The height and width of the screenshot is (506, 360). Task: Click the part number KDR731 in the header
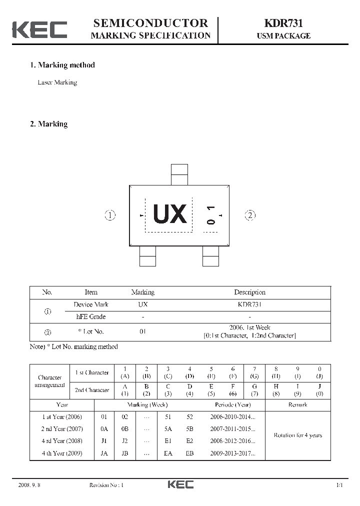pyautogui.click(x=283, y=23)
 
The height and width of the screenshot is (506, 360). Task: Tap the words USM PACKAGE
pyautogui.click(x=283, y=36)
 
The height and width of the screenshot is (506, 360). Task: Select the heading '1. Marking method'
pyautogui.click(x=62, y=65)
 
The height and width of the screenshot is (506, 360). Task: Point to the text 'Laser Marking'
pyautogui.click(x=57, y=82)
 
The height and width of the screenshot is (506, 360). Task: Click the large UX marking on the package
pyautogui.click(x=170, y=214)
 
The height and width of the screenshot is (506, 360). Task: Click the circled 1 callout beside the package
pyautogui.click(x=110, y=215)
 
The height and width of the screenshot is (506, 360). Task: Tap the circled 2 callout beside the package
pyautogui.click(x=250, y=215)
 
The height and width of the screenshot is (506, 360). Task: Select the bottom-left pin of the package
pyautogui.click(x=147, y=256)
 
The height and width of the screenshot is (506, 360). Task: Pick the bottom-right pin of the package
pyautogui.click(x=210, y=256)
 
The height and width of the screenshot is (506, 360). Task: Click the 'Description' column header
pyautogui.click(x=249, y=292)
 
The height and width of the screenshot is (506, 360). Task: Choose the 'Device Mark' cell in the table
pyautogui.click(x=90, y=304)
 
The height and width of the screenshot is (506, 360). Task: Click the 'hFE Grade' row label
pyautogui.click(x=90, y=316)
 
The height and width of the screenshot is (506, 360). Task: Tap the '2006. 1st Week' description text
pyautogui.click(x=249, y=327)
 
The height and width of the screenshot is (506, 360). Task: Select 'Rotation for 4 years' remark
pyautogui.click(x=297, y=435)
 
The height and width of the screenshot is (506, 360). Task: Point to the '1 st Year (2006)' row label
pyautogui.click(x=62, y=416)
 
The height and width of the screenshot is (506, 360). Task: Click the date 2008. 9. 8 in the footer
pyautogui.click(x=28, y=485)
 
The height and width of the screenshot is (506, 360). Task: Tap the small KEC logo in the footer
pyautogui.click(x=180, y=484)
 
